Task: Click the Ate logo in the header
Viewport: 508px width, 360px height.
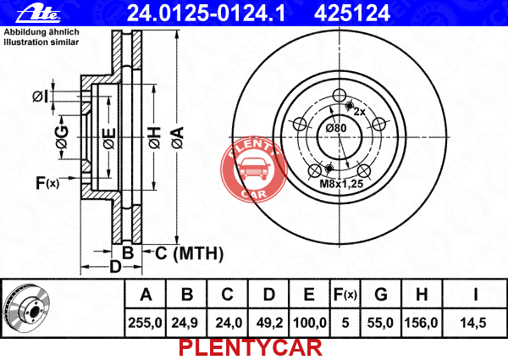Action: (38, 14)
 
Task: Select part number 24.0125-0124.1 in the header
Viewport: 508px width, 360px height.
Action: (206, 14)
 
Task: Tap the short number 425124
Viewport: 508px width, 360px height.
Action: (352, 14)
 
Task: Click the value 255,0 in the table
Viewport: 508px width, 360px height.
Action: (145, 323)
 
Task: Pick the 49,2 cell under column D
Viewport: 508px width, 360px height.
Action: (269, 323)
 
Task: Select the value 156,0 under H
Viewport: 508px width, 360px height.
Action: (421, 323)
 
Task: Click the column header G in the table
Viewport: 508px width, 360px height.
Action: (381, 295)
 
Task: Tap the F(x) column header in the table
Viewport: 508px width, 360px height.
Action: (345, 295)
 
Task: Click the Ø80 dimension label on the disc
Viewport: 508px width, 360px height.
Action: (336, 128)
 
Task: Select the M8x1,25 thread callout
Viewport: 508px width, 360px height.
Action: (341, 184)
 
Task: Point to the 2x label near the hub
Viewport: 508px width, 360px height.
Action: (359, 112)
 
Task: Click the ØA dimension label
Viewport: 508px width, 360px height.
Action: (178, 138)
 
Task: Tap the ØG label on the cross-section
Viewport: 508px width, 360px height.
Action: (62, 137)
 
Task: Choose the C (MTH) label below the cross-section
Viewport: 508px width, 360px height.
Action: (189, 253)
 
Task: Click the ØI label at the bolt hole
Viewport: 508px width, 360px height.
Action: (40, 97)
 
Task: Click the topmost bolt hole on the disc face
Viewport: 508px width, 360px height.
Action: (340, 95)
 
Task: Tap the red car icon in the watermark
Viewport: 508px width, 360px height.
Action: (254, 169)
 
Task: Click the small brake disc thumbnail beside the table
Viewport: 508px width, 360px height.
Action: (26, 308)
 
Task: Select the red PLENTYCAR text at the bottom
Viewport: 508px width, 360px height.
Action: (251, 348)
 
